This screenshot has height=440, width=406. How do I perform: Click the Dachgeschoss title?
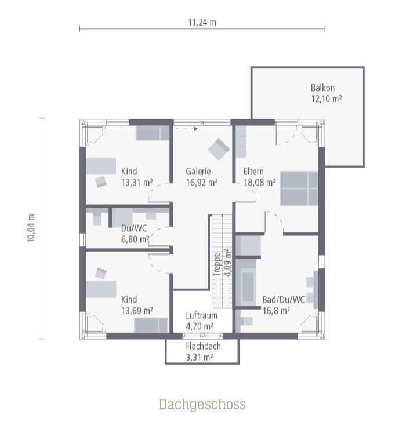[202, 404]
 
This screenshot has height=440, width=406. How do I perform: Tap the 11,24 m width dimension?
[202, 23]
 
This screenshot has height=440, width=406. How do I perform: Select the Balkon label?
[322, 88]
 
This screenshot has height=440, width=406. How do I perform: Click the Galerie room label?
[198, 172]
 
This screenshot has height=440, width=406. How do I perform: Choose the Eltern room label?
[253, 172]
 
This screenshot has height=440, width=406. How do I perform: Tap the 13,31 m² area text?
[137, 182]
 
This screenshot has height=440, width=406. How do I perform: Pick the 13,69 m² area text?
[137, 311]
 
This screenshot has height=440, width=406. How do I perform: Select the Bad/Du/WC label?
[283, 300]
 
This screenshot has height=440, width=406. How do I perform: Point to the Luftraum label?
[201, 316]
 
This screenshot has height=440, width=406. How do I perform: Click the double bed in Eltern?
[299, 188]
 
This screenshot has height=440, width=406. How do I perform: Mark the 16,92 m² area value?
[201, 182]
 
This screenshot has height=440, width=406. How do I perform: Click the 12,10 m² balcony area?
[326, 99]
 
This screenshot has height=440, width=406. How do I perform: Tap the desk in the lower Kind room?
[101, 289]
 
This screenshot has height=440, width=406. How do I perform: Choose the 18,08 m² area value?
[259, 182]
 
